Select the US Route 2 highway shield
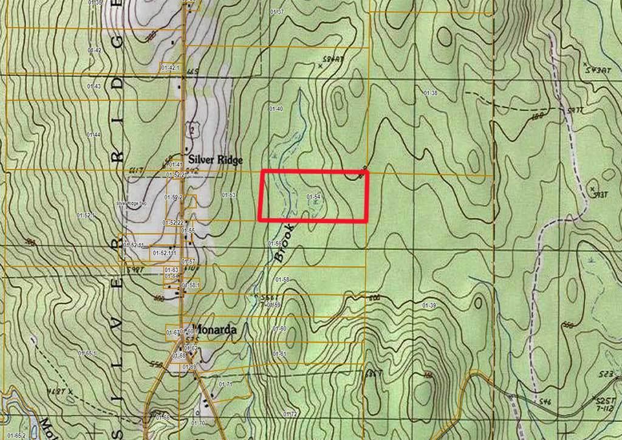193,129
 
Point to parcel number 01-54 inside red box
313,196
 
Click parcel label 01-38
430,93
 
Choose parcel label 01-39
429,304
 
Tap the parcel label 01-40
276,108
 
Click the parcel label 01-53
228,195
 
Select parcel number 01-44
94,134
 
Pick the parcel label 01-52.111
164,252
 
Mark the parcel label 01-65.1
87,353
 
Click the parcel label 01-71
226,384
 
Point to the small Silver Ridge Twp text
132,203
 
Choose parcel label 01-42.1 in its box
171,67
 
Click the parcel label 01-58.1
191,284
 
